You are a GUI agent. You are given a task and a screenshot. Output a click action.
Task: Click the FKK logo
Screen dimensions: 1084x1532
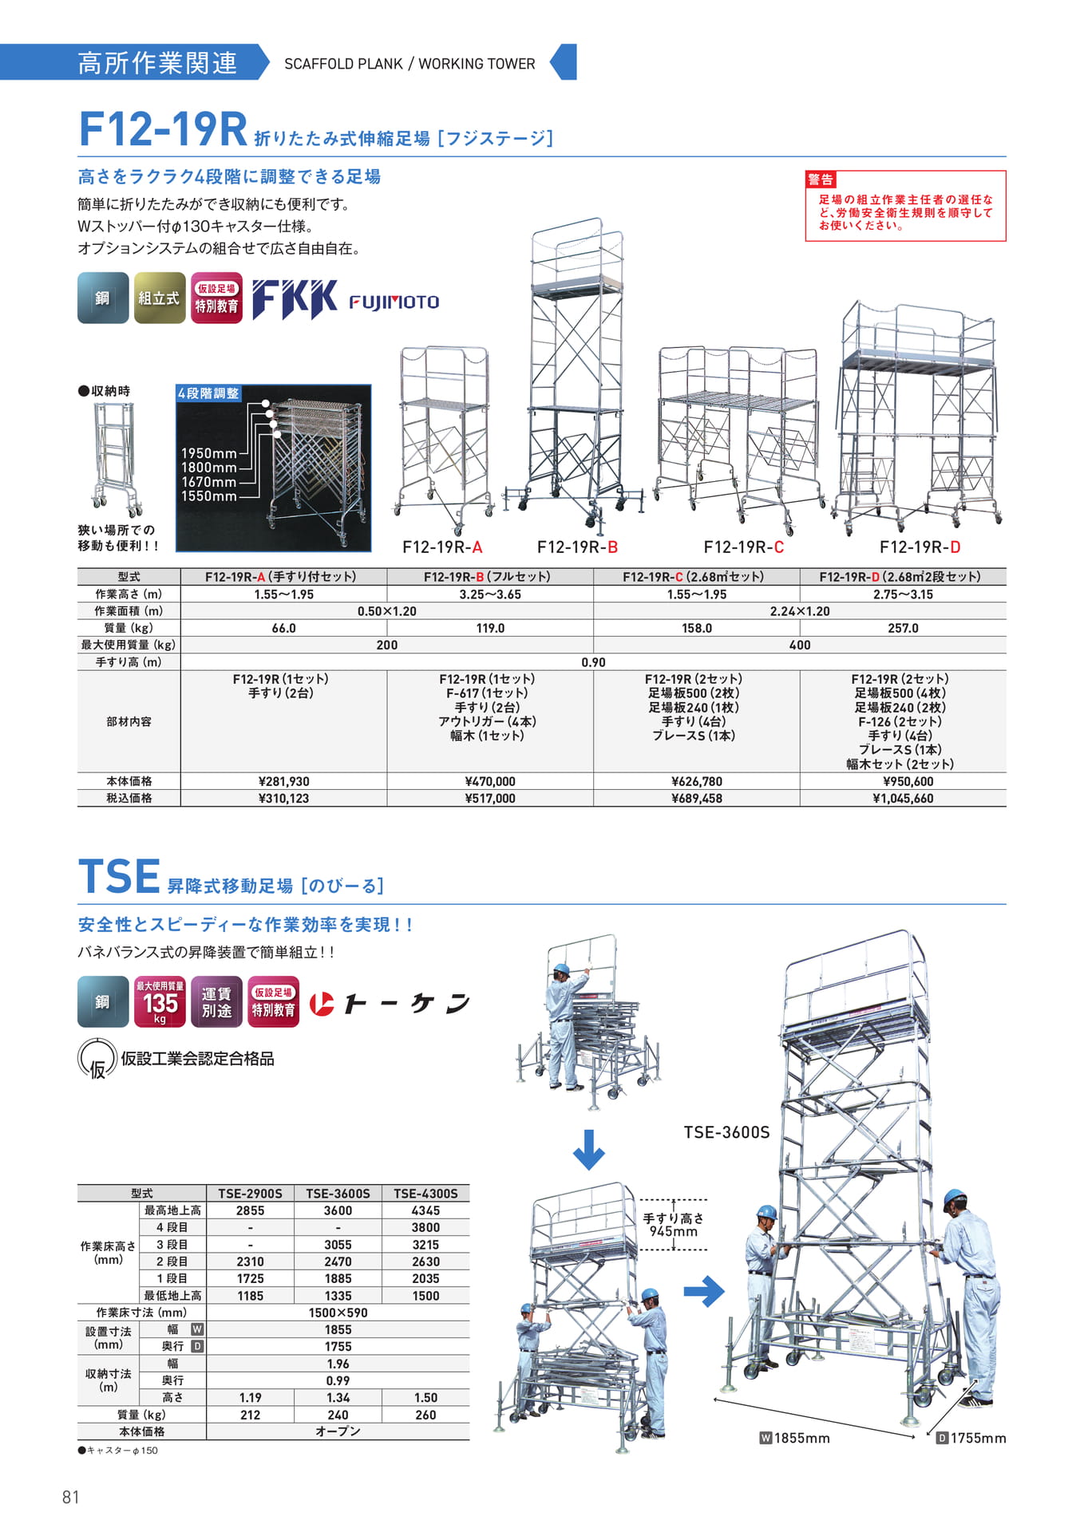295,299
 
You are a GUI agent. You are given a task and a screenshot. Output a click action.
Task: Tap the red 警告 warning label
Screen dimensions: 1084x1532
821,180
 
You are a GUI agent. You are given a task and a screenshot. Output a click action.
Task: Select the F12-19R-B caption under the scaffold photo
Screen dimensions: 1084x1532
577,547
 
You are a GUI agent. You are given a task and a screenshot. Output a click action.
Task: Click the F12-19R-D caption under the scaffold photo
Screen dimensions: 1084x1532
920,547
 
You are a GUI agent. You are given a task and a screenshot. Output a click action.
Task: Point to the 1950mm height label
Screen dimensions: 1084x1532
208,453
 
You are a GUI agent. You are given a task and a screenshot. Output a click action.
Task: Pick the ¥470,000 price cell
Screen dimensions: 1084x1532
490,782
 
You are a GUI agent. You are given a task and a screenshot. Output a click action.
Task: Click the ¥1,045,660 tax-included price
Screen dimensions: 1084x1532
903,799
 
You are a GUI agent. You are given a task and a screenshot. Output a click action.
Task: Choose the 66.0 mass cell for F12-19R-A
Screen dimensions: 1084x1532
283,629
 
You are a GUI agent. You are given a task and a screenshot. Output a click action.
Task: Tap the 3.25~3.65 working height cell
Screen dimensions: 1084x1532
490,594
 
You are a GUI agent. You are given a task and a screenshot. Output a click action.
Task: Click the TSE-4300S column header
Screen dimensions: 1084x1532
425,1194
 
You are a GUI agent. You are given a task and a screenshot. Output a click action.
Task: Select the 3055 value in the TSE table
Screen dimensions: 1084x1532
338,1245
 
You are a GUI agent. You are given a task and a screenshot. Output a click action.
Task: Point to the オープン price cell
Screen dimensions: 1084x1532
338,1431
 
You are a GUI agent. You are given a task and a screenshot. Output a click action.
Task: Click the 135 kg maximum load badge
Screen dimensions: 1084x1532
160,1001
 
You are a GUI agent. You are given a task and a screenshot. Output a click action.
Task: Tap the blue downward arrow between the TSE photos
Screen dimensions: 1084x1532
588,1149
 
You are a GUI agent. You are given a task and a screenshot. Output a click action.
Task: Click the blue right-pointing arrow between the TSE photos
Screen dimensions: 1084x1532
704,1291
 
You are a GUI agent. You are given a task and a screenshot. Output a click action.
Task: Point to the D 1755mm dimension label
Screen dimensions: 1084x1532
971,1438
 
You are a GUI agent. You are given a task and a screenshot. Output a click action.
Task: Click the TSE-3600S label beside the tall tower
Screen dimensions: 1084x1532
726,1132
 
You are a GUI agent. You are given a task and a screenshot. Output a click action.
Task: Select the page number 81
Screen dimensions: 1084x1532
71,1497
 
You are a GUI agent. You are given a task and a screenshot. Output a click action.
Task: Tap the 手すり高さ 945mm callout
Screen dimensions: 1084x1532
674,1225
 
